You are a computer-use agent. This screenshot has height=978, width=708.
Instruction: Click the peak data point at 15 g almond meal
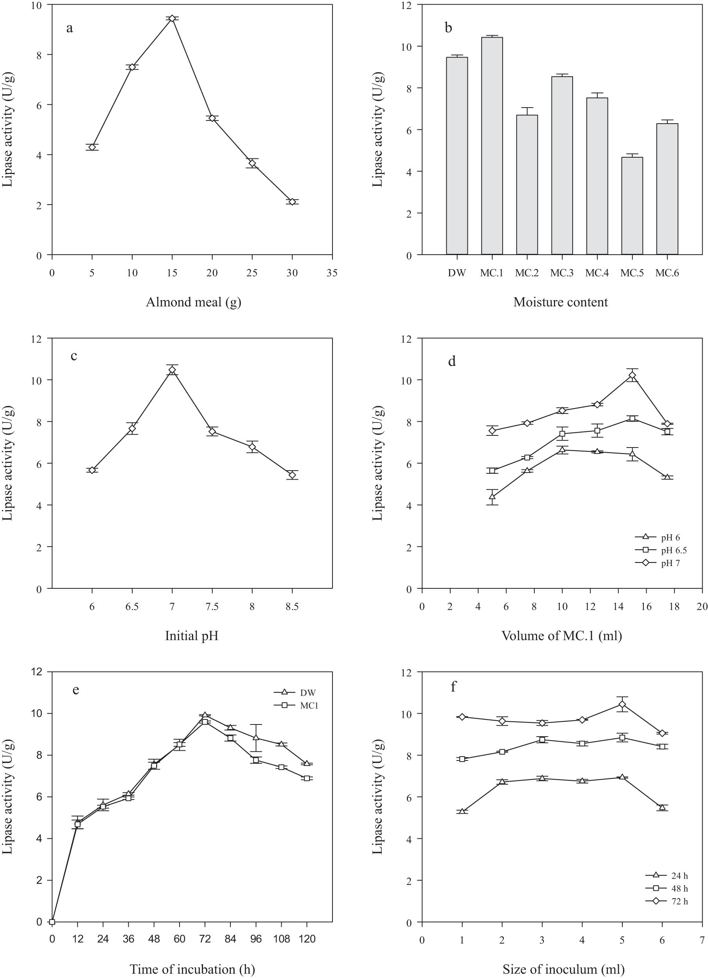pyautogui.click(x=172, y=18)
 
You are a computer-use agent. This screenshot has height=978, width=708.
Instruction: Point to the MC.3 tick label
pyautogui.click(x=561, y=273)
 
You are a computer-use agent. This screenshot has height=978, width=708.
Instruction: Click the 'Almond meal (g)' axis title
pyautogui.click(x=193, y=302)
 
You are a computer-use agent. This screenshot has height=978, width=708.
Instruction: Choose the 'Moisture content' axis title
pyautogui.click(x=561, y=302)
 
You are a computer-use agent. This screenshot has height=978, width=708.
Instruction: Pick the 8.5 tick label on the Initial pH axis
pyautogui.click(x=292, y=607)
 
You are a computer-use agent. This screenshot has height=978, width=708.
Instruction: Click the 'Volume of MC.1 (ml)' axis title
pyautogui.click(x=561, y=636)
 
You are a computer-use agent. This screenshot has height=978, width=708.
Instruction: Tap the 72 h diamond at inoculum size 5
pyautogui.click(x=622, y=704)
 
